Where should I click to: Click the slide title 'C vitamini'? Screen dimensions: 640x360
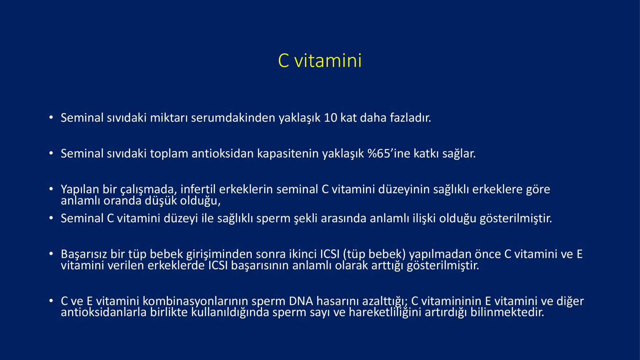click(x=320, y=60)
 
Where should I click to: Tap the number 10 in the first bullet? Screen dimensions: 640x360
click(x=330, y=118)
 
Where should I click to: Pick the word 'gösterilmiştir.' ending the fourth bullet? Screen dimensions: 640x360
click(x=516, y=218)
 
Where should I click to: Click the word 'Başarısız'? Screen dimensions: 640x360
click(x=84, y=254)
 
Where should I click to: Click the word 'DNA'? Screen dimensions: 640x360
click(x=301, y=301)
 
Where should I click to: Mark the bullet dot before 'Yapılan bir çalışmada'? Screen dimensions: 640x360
click(x=51, y=189)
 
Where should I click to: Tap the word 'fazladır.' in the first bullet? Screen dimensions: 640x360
click(x=410, y=118)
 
